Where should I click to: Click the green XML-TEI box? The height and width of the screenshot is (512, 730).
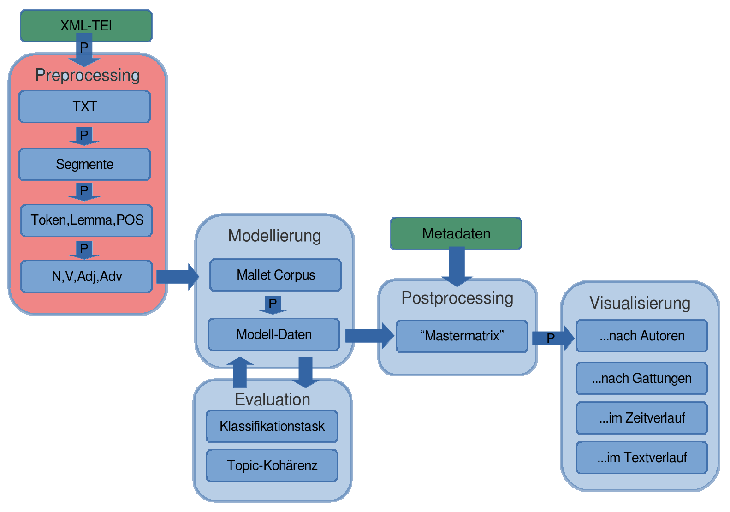86,26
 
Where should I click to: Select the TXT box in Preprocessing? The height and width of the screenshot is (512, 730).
84,107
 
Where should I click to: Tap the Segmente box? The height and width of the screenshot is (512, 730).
84,164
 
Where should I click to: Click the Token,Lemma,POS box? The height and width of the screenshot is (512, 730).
86,220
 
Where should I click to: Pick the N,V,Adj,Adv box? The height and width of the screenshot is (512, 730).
86,276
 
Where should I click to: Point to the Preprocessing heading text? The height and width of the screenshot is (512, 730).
87,75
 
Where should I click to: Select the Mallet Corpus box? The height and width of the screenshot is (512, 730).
275,275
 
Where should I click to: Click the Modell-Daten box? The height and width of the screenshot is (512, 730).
273,334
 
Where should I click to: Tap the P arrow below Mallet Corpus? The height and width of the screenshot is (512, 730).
273,304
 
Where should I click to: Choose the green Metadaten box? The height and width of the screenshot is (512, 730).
456,233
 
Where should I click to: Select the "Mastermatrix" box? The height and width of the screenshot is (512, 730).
462,336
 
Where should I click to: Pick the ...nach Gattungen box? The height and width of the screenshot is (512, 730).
641,378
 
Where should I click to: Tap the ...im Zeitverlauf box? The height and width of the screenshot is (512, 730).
641,418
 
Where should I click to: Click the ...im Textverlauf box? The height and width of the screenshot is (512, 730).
641,458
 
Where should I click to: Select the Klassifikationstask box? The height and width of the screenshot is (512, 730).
272,426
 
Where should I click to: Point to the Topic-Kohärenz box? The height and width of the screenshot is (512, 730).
272,465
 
